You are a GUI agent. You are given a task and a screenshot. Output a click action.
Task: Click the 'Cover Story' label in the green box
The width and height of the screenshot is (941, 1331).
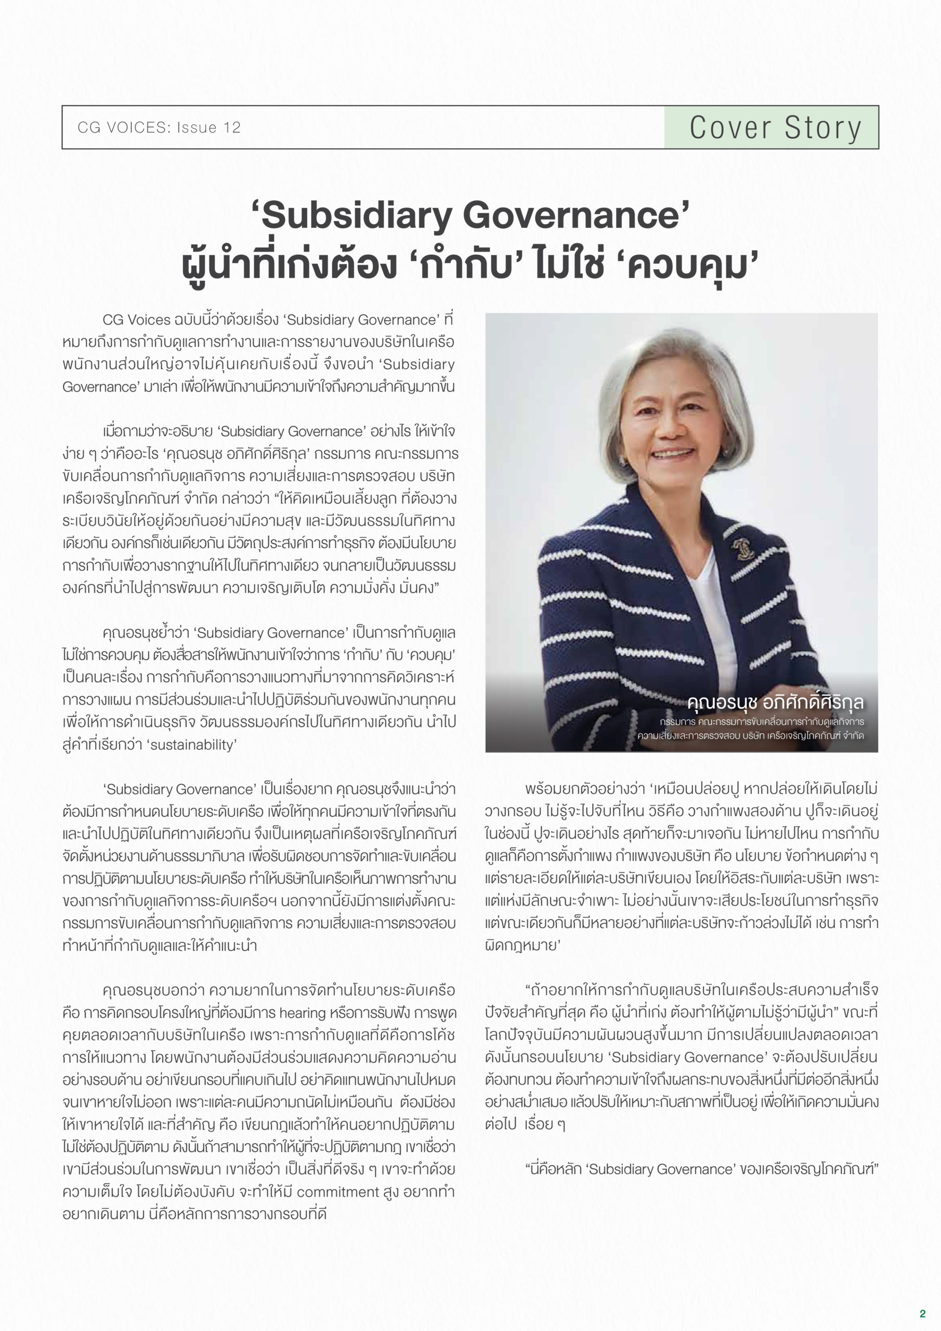pyautogui.click(x=775, y=127)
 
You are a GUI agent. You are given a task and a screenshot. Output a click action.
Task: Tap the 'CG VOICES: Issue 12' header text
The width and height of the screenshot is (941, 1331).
pyautogui.click(x=159, y=127)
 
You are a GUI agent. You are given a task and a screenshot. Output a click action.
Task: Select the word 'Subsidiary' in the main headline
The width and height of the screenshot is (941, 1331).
pyautogui.click(x=356, y=216)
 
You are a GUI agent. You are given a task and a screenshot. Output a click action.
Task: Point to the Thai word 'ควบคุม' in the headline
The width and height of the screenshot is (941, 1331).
pyautogui.click(x=693, y=266)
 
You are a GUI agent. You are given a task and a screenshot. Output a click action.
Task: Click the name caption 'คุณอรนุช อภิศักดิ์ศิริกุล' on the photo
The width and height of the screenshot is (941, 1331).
pyautogui.click(x=775, y=702)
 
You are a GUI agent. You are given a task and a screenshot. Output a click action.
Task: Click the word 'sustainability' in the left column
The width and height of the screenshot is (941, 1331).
pyautogui.click(x=192, y=745)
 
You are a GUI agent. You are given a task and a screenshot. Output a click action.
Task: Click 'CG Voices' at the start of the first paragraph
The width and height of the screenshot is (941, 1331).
pyautogui.click(x=136, y=319)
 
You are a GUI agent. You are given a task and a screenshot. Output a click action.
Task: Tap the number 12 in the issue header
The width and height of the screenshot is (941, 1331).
pyautogui.click(x=231, y=127)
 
